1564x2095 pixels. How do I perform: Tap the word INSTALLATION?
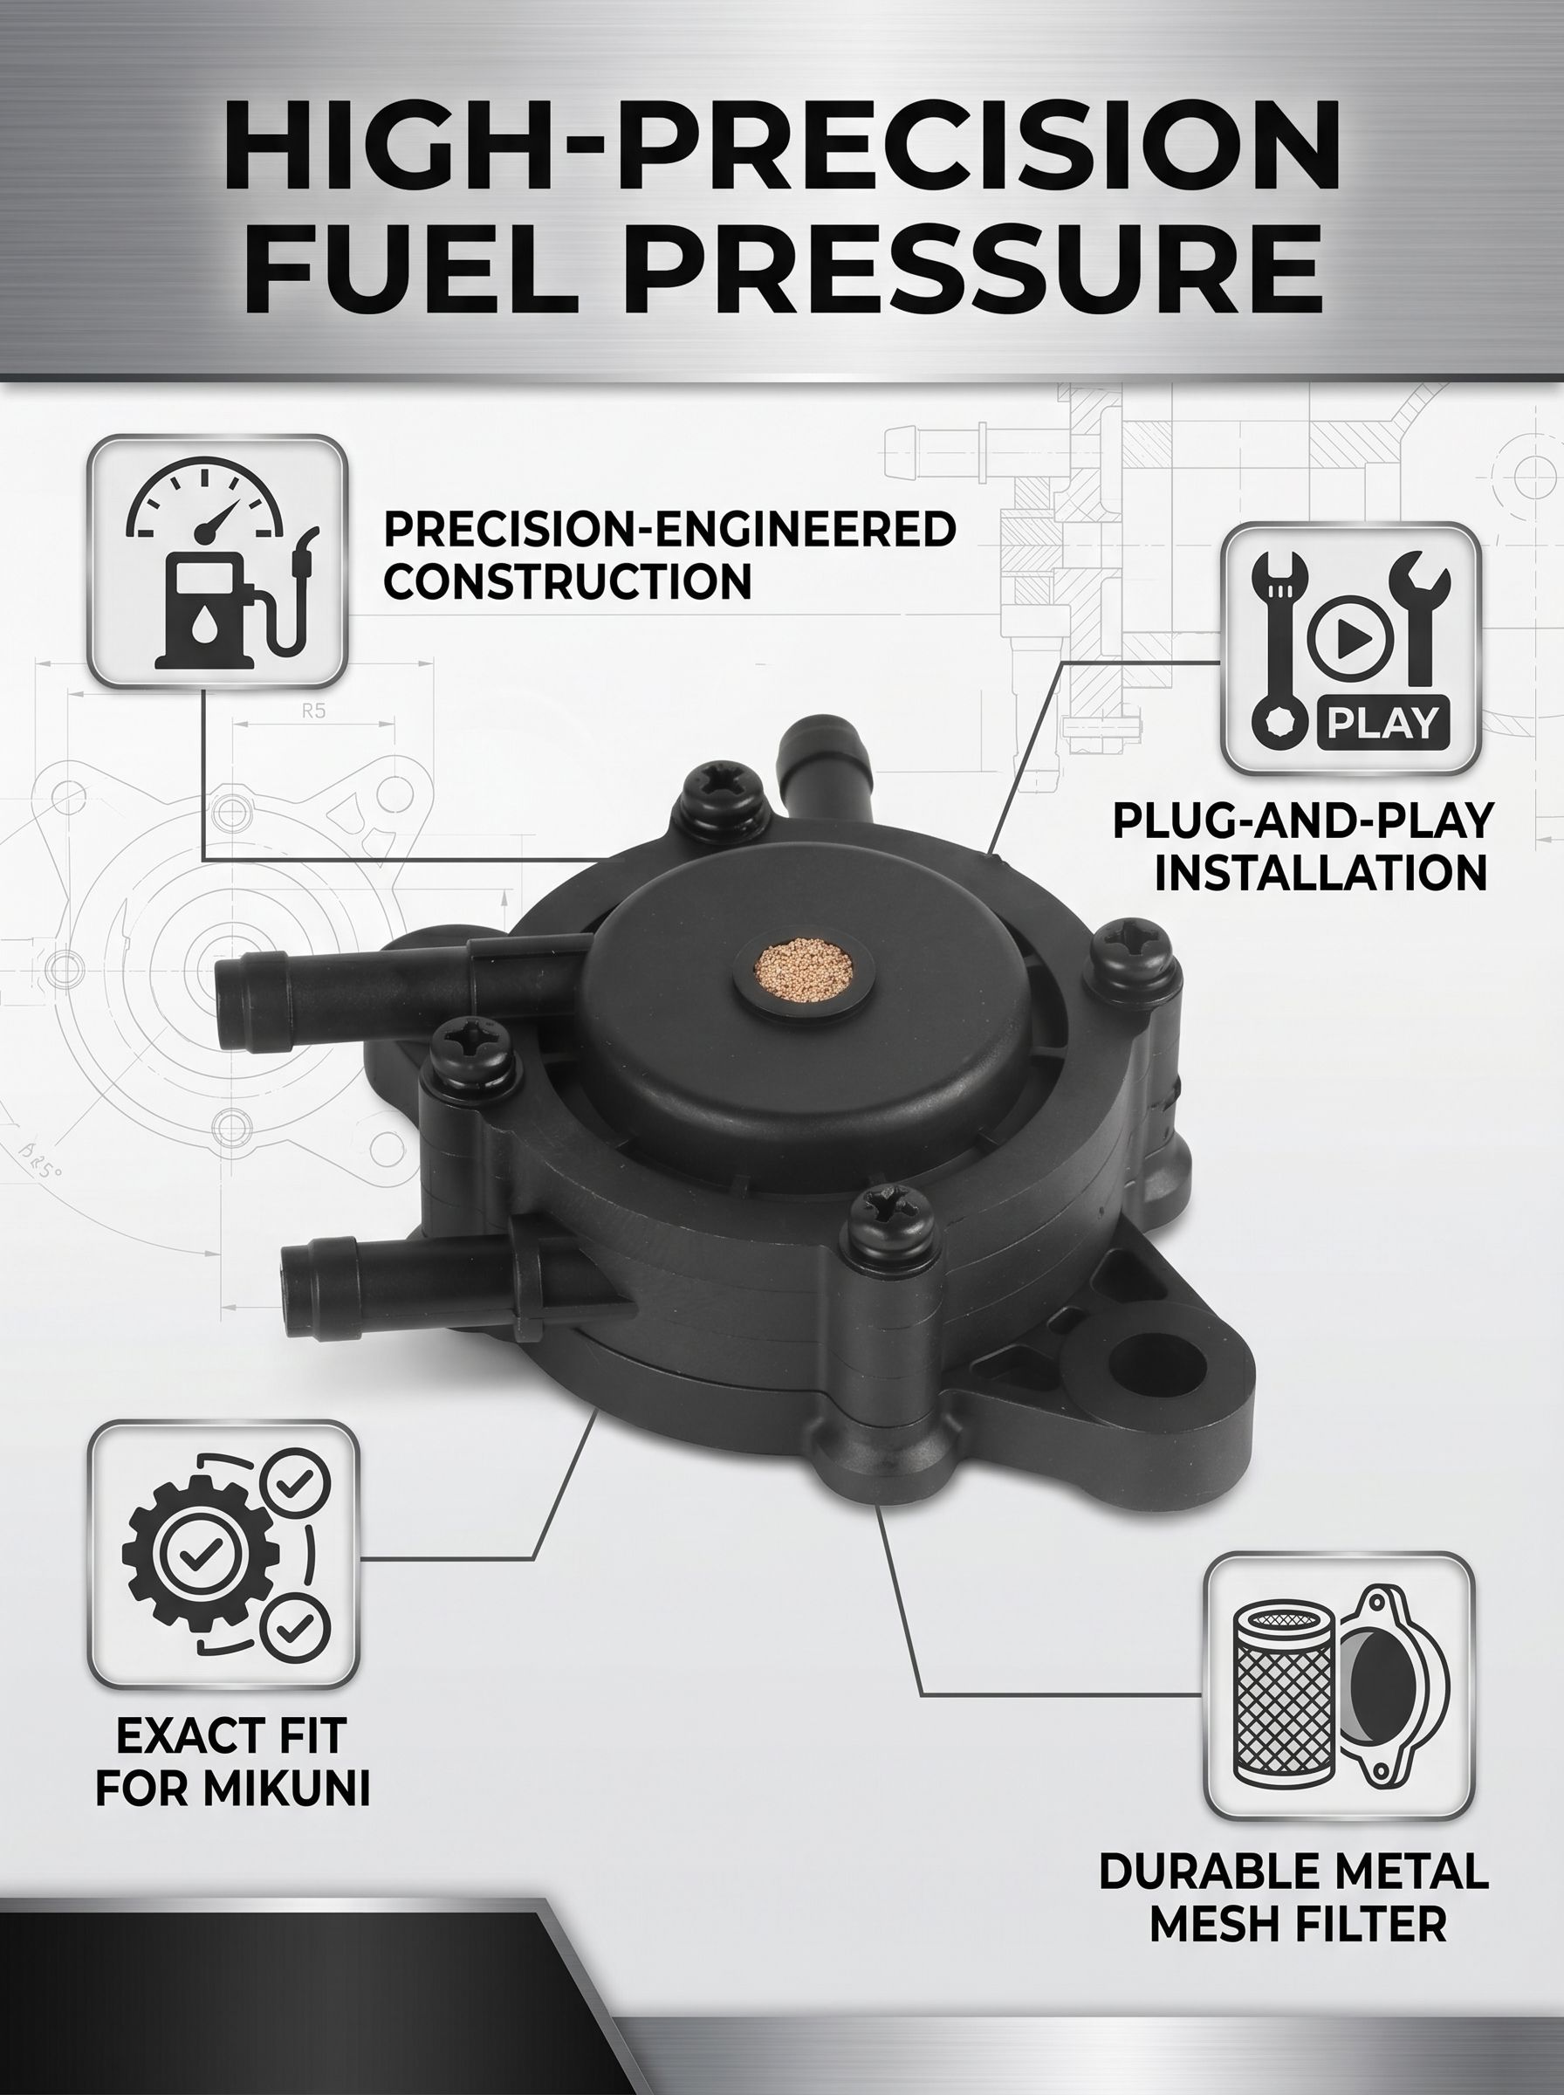pos(1320,872)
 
